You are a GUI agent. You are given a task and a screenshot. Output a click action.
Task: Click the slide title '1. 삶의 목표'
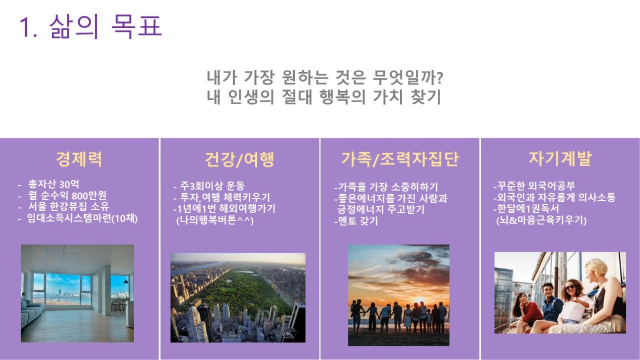point(91,26)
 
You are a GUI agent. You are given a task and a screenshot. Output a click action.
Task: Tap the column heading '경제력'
point(79,159)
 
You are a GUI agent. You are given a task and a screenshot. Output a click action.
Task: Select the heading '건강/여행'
point(239,159)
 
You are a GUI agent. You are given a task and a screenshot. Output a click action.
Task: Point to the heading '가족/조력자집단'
point(399,159)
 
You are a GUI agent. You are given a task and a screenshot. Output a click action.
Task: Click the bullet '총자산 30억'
point(54,184)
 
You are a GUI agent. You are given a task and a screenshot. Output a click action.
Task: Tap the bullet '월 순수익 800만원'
point(67,196)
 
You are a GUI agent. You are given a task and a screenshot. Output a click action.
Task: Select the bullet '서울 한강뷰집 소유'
point(68,206)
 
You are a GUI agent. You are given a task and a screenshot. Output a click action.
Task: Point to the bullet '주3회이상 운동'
point(212,186)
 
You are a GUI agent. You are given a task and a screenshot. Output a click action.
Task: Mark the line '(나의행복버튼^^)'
point(215,221)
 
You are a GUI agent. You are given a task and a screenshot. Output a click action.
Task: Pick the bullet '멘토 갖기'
point(356,221)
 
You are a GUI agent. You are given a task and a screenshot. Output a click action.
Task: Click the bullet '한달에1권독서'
point(526,208)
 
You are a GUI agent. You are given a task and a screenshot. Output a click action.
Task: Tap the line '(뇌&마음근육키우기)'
point(542,221)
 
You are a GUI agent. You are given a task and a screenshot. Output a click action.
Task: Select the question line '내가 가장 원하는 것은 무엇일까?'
point(325,77)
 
